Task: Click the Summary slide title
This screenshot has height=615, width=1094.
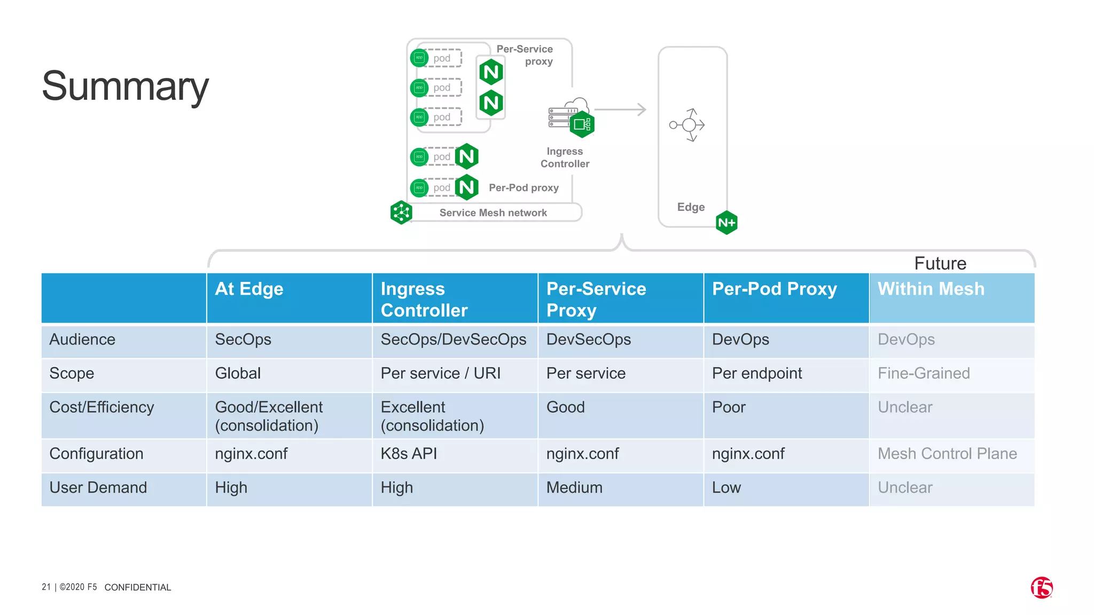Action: (x=125, y=86)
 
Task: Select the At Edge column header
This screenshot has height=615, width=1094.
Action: (x=249, y=289)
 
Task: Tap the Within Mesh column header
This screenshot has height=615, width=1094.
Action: (x=931, y=289)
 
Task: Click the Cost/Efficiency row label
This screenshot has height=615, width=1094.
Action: (x=101, y=407)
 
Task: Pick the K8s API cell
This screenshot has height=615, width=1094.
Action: (x=409, y=454)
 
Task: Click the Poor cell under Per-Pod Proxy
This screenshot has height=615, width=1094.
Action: (x=728, y=407)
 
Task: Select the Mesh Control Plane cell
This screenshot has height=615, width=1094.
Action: (x=947, y=454)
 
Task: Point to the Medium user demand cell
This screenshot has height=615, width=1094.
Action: (x=574, y=487)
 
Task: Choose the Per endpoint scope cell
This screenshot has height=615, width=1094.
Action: (x=757, y=373)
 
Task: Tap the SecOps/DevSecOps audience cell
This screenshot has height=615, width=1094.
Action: (x=453, y=340)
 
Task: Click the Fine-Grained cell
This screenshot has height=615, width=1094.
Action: (x=924, y=373)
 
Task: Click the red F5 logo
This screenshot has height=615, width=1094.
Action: (x=1041, y=588)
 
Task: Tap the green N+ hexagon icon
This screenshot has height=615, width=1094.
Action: (x=726, y=223)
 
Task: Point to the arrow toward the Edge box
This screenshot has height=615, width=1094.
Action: (x=621, y=109)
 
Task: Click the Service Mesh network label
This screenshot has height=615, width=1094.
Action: (x=493, y=212)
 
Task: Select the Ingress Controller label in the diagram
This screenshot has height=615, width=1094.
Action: (x=565, y=157)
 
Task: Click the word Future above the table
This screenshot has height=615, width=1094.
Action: (x=940, y=263)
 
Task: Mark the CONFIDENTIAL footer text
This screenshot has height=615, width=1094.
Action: (x=138, y=587)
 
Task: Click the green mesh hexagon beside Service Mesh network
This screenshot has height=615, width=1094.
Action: (x=401, y=212)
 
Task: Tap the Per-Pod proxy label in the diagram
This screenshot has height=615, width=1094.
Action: (x=523, y=188)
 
